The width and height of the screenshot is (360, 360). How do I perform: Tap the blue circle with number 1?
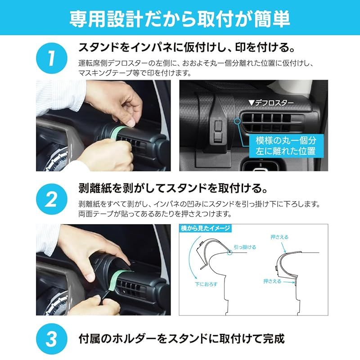52,58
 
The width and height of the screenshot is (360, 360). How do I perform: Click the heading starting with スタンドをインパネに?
182,47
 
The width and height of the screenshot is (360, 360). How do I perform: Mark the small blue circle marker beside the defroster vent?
237,121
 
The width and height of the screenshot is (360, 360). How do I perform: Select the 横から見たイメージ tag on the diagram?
205,228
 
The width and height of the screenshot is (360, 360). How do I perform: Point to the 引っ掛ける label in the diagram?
245,247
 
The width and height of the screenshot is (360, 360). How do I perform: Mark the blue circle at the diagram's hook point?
230,253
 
